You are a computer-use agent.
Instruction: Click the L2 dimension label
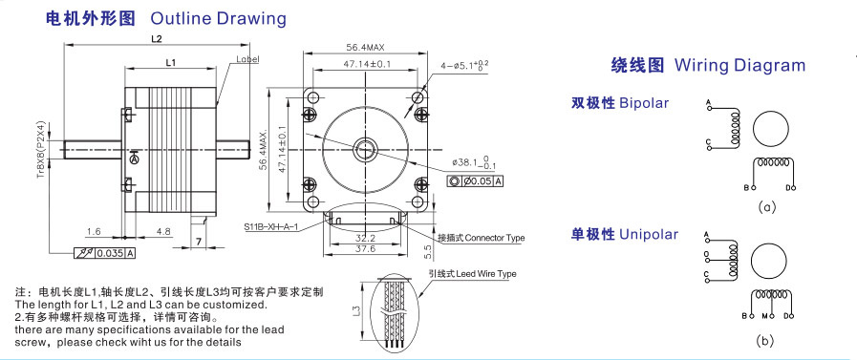[x=157, y=39]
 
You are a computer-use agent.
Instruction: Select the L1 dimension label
[x=170, y=63]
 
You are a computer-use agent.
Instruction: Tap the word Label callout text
[x=247, y=59]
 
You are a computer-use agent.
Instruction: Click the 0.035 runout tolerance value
[x=111, y=253]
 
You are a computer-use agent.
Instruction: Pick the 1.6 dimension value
[x=94, y=232]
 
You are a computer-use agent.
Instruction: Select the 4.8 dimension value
[x=163, y=232]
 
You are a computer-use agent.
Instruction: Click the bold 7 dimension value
[x=199, y=242]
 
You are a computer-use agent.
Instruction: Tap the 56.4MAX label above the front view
[x=365, y=48]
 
